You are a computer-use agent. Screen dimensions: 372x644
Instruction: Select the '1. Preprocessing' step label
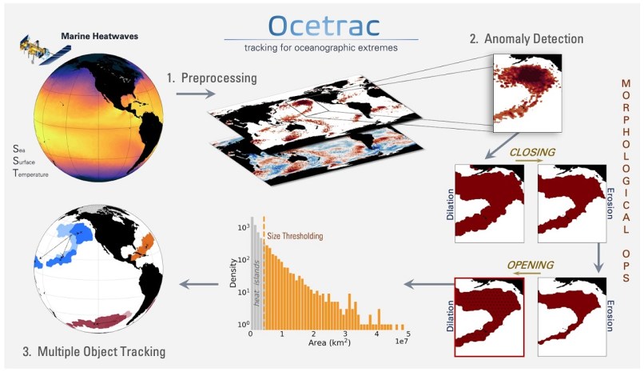pyautogui.click(x=212, y=78)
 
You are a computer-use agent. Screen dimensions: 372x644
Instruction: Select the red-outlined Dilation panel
pyautogui.click(x=488, y=316)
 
